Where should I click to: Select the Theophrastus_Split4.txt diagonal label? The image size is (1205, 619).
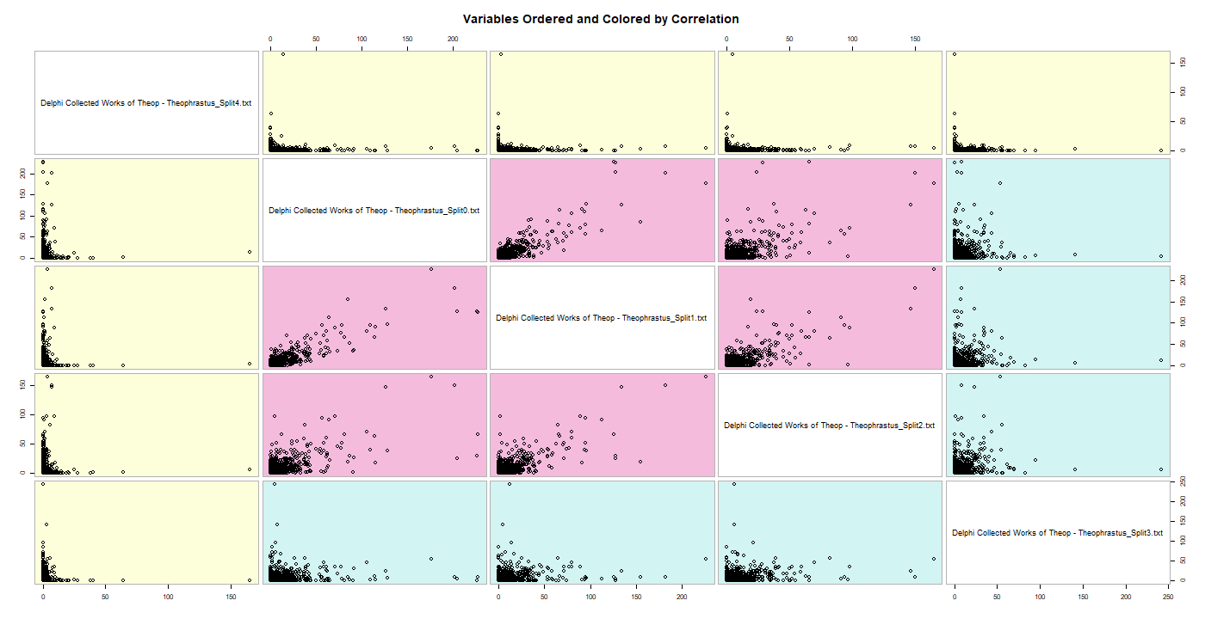click(x=146, y=103)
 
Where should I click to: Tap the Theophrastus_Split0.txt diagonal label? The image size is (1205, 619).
click(x=374, y=210)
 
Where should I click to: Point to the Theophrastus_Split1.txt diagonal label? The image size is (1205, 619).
click(x=602, y=318)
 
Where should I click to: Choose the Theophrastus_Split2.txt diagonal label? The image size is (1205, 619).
click(x=830, y=425)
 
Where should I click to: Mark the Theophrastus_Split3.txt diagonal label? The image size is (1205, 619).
click(x=1058, y=533)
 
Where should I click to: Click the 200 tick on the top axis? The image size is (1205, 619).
click(x=454, y=40)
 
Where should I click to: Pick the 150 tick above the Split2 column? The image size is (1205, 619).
click(x=915, y=40)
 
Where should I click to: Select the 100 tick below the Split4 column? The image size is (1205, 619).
click(x=168, y=596)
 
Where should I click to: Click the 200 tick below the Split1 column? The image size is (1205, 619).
click(x=681, y=596)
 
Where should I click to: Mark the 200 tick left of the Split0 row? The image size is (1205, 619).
click(x=22, y=174)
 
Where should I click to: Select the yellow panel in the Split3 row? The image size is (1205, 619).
click(x=146, y=532)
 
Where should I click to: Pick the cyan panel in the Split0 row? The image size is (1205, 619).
click(x=1058, y=210)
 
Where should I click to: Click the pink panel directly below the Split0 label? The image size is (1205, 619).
click(x=374, y=317)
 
